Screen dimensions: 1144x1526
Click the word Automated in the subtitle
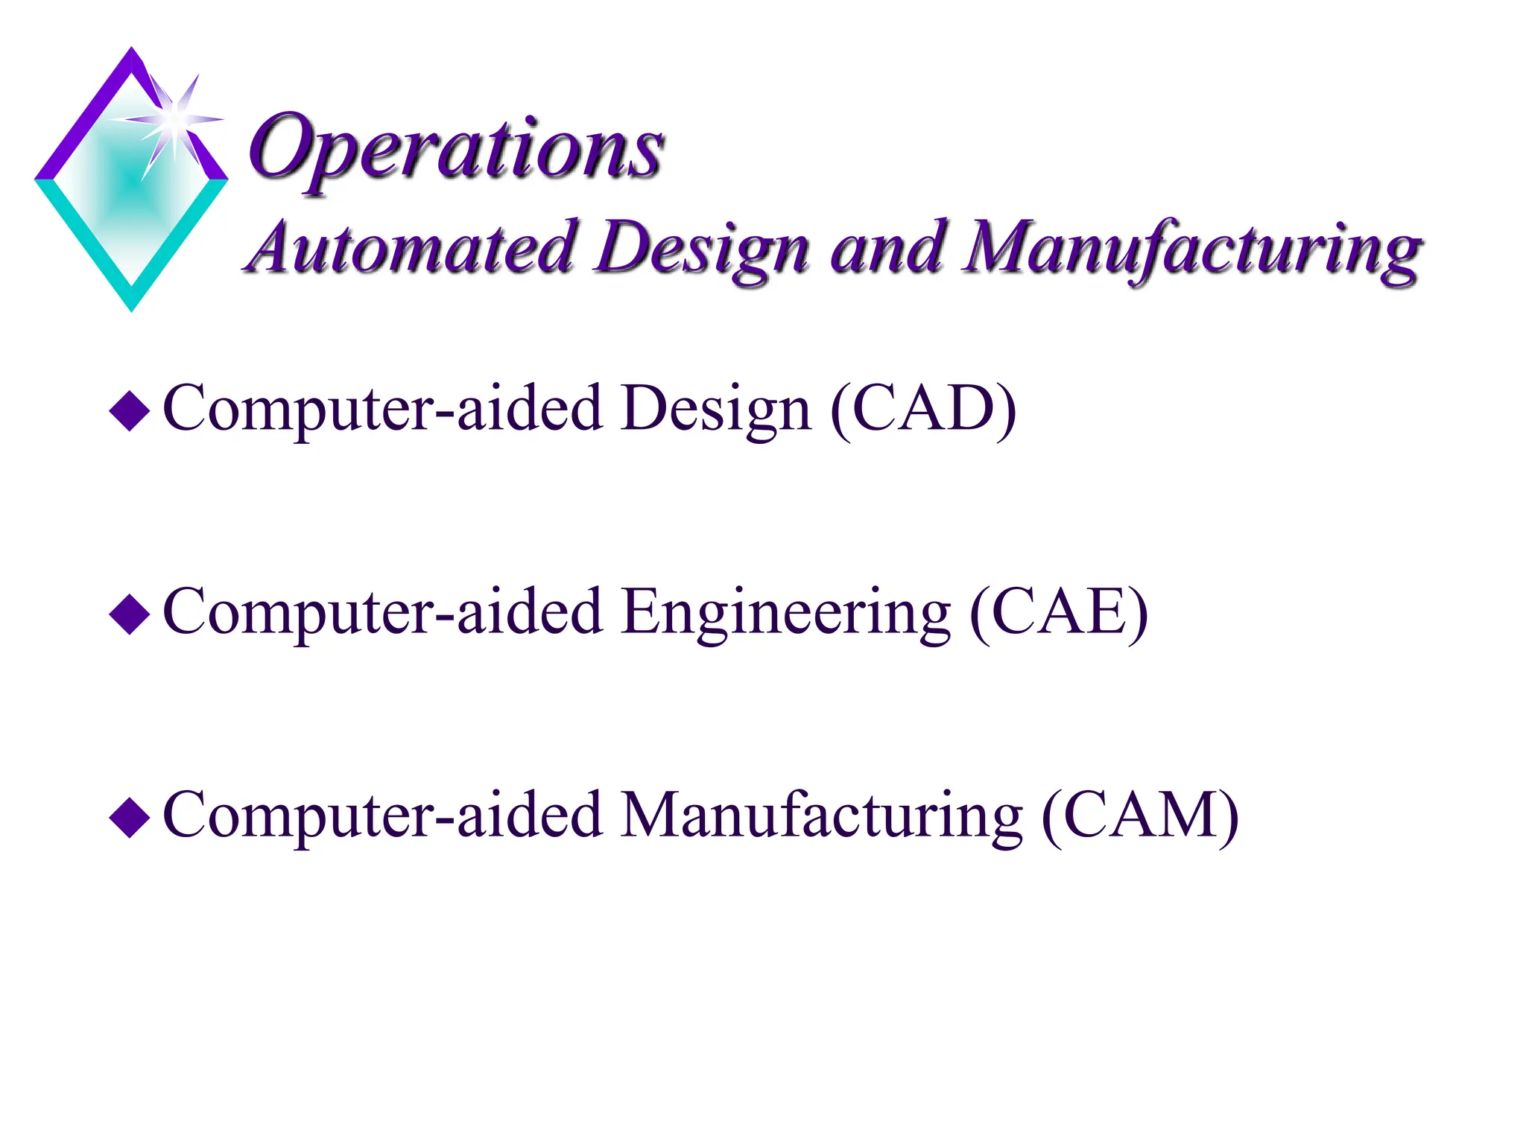(411, 247)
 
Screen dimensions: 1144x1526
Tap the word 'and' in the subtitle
(888, 247)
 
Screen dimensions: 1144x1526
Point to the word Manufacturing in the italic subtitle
(1191, 250)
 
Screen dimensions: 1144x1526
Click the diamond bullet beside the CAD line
(130, 410)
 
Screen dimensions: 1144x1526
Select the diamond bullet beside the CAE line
(130, 614)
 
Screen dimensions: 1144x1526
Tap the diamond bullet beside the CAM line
(130, 817)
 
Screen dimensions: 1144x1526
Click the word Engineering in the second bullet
(785, 614)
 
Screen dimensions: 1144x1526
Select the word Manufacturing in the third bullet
(822, 817)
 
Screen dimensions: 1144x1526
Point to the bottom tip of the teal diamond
(132, 307)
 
